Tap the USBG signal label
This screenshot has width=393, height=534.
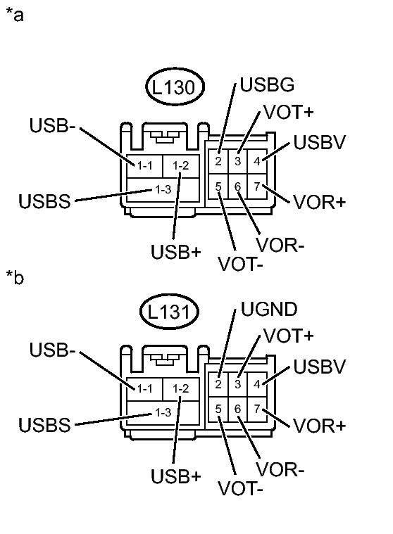267,86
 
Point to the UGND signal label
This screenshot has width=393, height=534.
269,310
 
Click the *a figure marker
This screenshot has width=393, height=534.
15,15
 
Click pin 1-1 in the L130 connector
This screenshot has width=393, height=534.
145,165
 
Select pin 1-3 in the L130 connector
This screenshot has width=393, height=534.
163,189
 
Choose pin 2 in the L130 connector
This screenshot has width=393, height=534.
219,161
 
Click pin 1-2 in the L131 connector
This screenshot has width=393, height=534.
181,388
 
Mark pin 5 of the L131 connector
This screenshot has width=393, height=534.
219,409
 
